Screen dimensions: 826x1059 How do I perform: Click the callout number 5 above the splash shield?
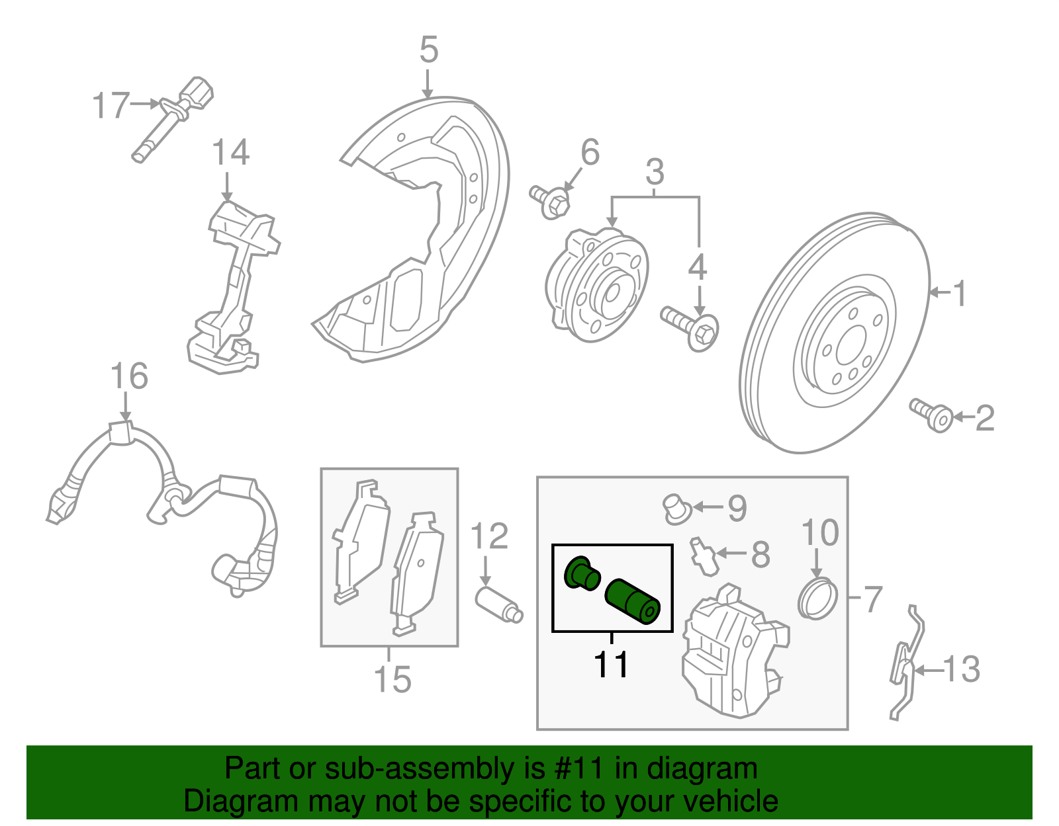click(429, 50)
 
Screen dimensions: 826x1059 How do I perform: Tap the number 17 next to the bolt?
click(110, 105)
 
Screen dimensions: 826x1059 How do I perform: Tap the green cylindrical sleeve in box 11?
click(632, 600)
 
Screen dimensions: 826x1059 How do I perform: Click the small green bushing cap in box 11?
click(582, 573)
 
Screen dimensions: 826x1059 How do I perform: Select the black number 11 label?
click(611, 664)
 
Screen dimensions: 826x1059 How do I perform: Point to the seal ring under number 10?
click(818, 598)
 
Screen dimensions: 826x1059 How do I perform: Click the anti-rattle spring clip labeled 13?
click(904, 665)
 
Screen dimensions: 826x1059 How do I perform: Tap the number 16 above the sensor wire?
click(128, 376)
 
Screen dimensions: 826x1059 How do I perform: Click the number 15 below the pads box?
click(392, 679)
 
